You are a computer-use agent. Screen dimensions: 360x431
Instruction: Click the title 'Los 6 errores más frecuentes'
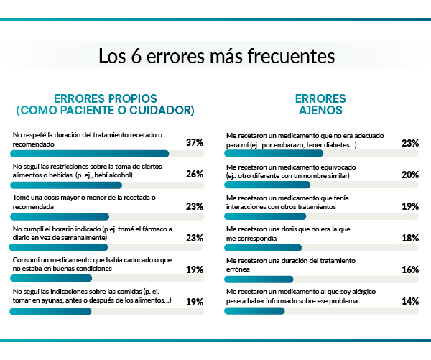tap(215, 55)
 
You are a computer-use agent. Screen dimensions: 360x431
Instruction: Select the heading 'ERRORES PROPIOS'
tap(106, 98)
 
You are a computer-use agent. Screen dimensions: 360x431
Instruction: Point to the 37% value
tap(194, 143)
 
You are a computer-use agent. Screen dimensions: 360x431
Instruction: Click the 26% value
tap(194, 175)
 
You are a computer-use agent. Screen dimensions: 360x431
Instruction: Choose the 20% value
tap(410, 175)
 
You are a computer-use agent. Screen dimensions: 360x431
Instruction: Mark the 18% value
tap(410, 238)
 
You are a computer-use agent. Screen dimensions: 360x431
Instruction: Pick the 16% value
tap(410, 269)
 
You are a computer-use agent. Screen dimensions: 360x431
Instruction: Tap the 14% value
tap(410, 301)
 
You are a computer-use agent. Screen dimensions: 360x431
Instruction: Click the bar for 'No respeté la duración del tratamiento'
tap(90, 153)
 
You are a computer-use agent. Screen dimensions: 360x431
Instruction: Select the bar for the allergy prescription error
tap(254, 311)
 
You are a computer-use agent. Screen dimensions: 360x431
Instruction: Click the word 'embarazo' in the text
tap(297, 144)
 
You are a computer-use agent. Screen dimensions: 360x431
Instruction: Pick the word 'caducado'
tap(137, 259)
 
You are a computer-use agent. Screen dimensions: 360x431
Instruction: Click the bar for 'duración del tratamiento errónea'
tap(259, 280)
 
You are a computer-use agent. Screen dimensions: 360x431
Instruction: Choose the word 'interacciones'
tap(245, 206)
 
